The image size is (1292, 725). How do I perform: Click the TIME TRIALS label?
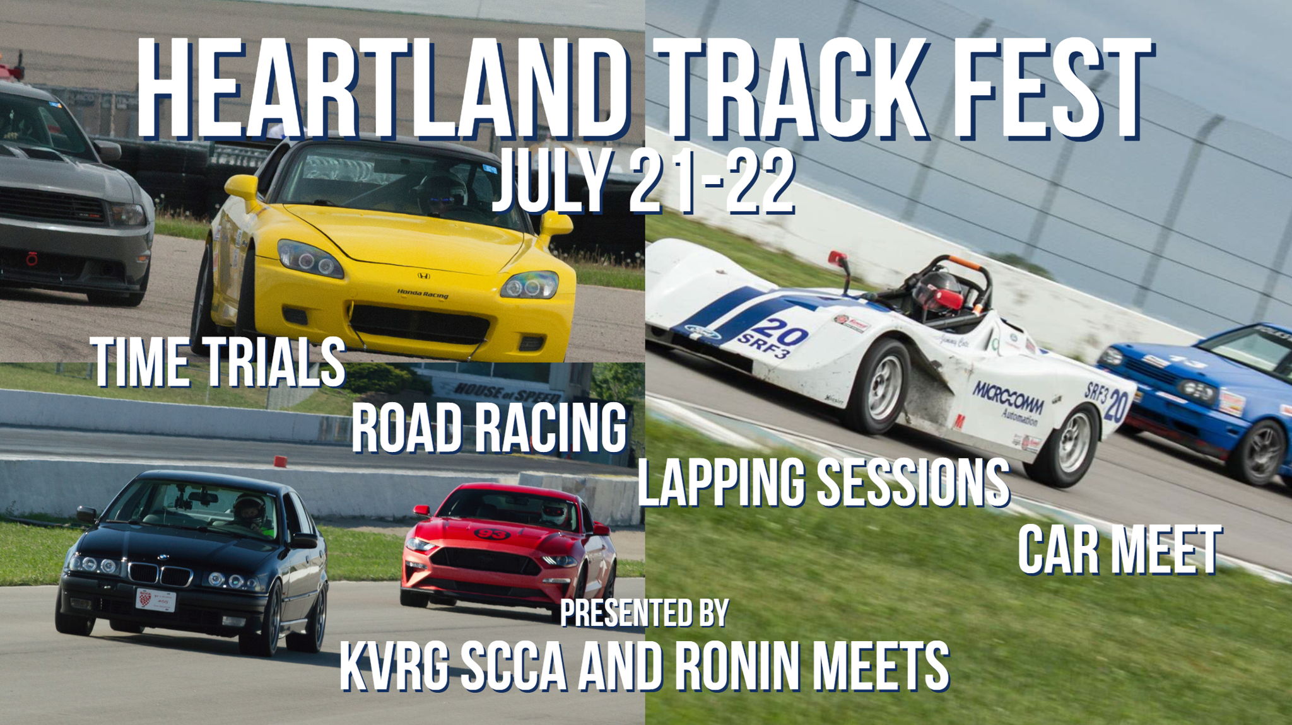tap(218, 362)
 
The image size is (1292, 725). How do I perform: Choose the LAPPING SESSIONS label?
tap(823, 482)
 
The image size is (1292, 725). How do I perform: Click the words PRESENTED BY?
tap(644, 612)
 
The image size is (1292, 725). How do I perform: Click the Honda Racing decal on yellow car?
tap(423, 294)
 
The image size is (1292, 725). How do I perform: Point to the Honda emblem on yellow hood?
tap(423, 275)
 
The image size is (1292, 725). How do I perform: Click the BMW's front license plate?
tap(155, 600)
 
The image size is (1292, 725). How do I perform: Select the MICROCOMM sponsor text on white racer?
tap(1008, 397)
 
